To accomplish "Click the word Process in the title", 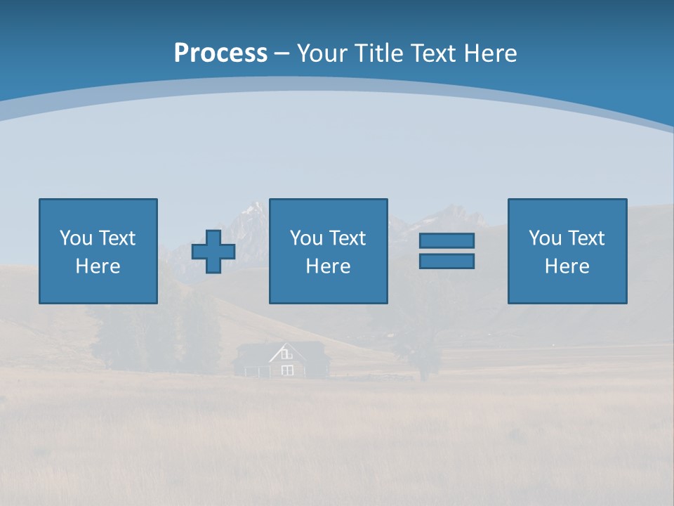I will click(x=220, y=53).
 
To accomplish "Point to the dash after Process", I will click(x=282, y=54).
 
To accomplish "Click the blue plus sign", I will click(x=213, y=252).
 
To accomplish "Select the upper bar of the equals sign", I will click(x=447, y=240).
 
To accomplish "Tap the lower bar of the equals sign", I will click(x=447, y=261).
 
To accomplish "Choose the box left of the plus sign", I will click(x=98, y=251).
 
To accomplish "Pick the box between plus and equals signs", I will click(x=328, y=251).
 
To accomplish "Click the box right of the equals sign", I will click(x=567, y=251).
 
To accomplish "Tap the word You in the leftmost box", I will click(x=76, y=238).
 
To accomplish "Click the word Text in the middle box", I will click(x=347, y=238).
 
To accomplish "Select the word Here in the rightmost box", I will click(x=567, y=266).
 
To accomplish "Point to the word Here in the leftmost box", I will click(x=98, y=266).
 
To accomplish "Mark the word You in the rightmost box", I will click(x=545, y=238).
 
